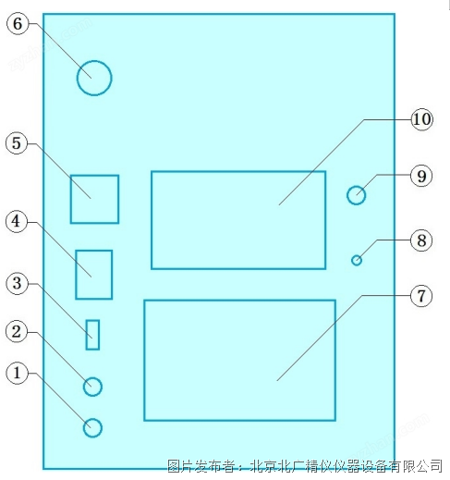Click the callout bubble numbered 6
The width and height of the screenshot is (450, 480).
coord(18,24)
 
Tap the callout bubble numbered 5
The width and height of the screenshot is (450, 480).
coord(17,143)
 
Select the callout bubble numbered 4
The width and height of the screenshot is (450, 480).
coord(17,221)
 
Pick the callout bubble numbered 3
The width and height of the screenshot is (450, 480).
coord(18,283)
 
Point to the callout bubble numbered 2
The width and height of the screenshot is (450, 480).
coord(17,332)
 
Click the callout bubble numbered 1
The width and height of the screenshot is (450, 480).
coord(18,373)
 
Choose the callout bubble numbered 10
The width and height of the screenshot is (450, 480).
coord(422,119)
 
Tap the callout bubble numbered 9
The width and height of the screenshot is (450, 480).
coord(421,176)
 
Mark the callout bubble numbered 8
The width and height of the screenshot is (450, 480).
coord(421,240)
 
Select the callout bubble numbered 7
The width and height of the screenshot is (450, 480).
coord(421,296)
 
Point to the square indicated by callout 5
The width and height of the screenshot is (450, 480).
coord(70,199)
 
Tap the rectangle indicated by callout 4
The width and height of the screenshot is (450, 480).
coord(76,275)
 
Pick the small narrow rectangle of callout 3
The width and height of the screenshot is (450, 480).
coord(86,335)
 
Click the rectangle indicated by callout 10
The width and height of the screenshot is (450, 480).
coord(152,220)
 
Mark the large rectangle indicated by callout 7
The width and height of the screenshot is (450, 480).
coord(144,360)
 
